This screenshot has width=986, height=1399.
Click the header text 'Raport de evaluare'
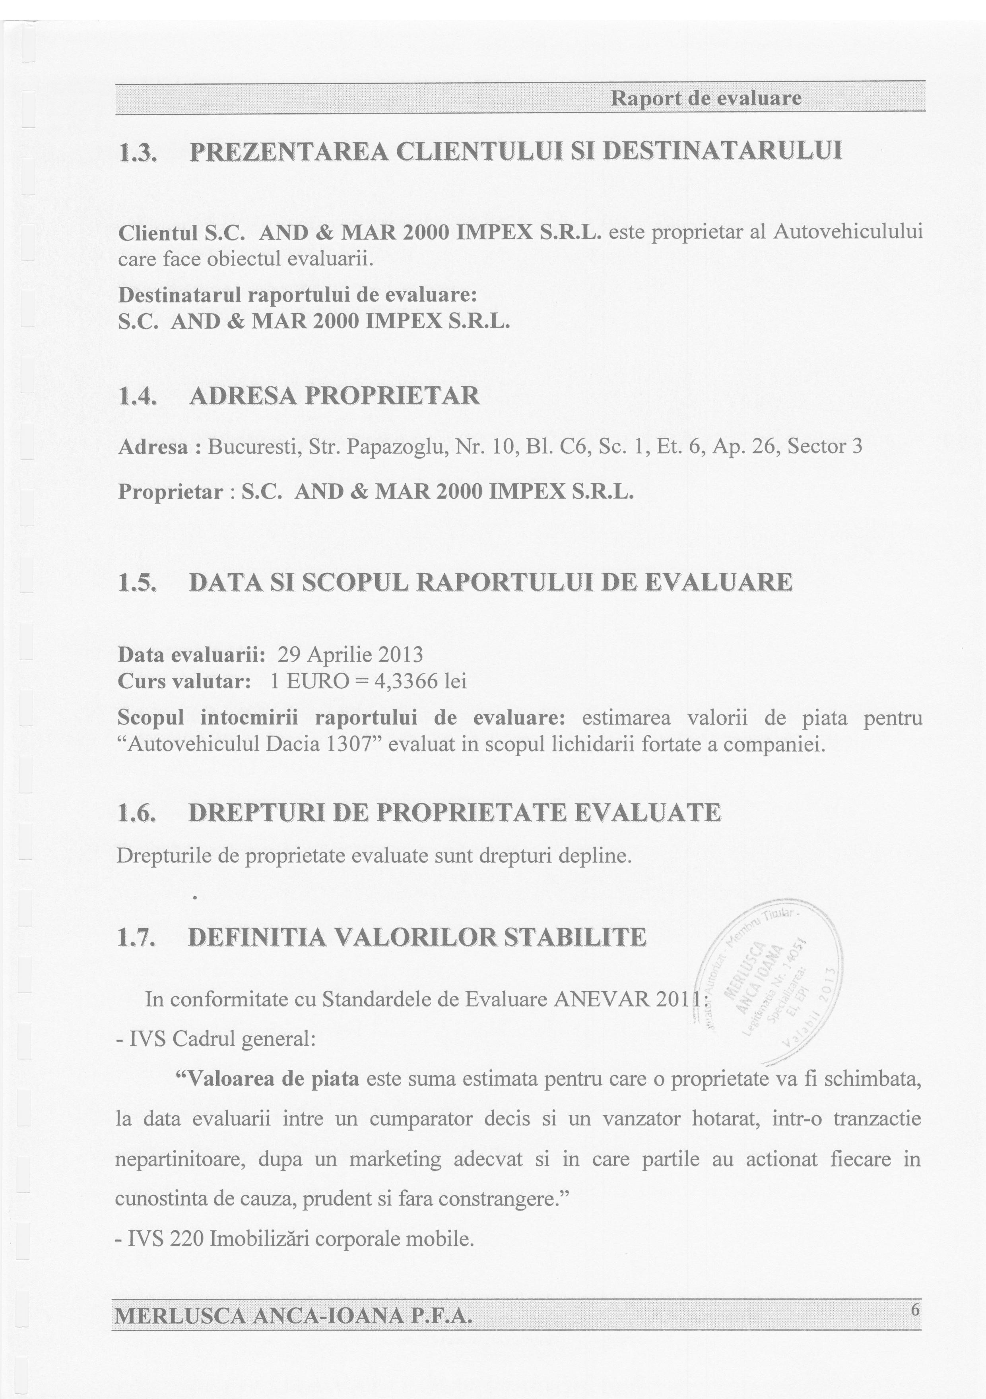click(x=706, y=98)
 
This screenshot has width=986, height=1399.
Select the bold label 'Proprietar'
click(x=171, y=491)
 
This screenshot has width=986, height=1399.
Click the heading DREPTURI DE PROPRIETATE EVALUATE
click(x=454, y=813)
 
